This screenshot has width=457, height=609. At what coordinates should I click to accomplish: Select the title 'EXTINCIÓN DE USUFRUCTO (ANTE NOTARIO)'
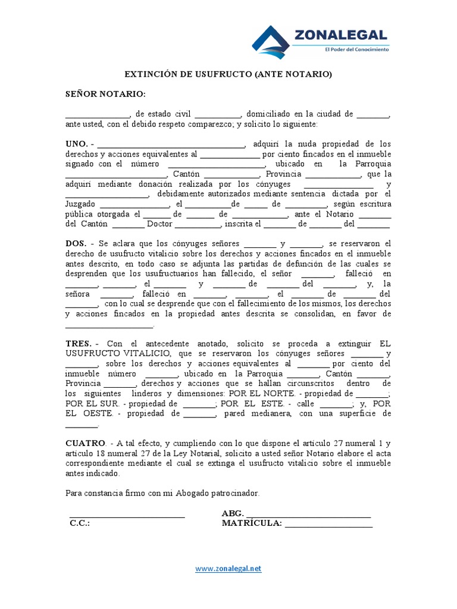click(228, 74)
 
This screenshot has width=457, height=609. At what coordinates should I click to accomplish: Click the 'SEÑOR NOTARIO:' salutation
click(105, 94)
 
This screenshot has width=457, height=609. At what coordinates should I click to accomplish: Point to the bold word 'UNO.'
click(77, 144)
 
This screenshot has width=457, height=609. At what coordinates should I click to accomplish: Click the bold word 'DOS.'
click(76, 244)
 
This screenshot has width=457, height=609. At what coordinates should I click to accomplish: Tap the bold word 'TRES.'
click(79, 344)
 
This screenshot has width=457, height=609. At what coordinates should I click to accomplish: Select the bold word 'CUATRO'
click(86, 444)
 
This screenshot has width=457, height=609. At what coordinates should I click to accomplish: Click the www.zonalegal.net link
click(228, 569)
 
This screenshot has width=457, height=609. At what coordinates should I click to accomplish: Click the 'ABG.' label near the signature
click(232, 513)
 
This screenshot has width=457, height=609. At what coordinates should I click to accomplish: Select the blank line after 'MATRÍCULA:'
click(328, 526)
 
